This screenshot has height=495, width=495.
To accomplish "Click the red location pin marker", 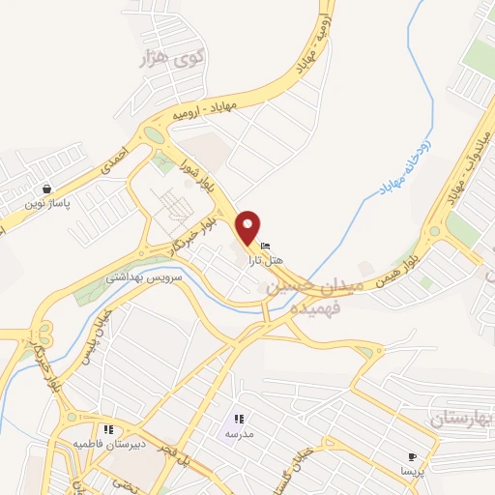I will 250,226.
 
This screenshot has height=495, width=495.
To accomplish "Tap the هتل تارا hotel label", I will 268,260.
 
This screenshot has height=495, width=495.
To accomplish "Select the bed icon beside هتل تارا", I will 266,245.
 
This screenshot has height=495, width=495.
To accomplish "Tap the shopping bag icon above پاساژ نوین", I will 45,189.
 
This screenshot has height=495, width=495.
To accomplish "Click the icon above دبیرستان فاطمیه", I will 108,429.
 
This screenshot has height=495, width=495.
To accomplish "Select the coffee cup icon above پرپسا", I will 413,455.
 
